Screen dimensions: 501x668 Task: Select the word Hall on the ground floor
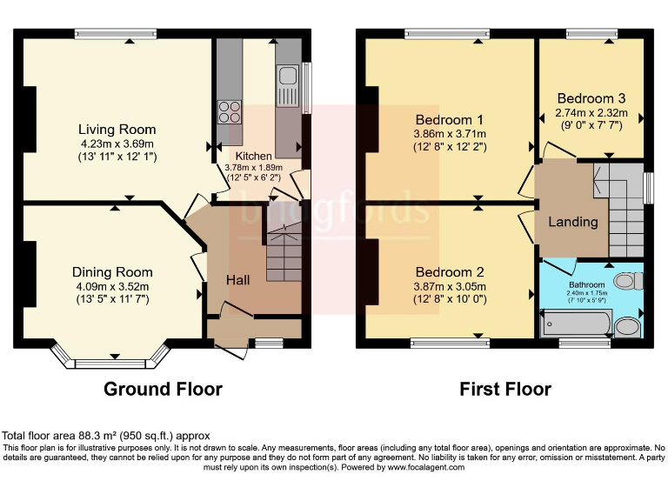(238, 280)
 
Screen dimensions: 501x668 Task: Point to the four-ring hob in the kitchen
(230, 112)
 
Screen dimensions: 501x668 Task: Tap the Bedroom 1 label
(450, 119)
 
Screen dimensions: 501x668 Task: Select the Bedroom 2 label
(450, 271)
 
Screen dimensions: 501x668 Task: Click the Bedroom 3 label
(591, 98)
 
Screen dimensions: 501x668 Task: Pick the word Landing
(573, 221)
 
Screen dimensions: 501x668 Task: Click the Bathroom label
(589, 284)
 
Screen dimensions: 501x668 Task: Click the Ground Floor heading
(163, 389)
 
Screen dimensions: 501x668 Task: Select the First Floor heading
(505, 389)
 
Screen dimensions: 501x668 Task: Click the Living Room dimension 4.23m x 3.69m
(117, 144)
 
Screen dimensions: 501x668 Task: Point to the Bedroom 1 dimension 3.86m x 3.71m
(450, 134)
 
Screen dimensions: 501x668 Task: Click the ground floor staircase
(283, 252)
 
